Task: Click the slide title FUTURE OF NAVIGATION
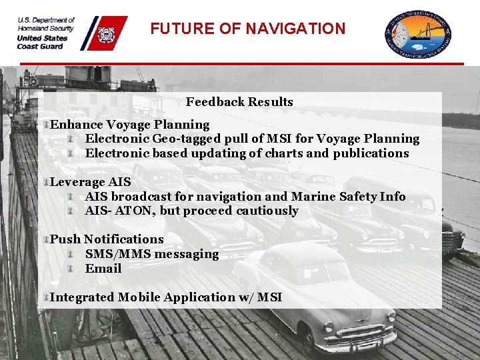[x=247, y=29]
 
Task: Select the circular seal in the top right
[x=418, y=33]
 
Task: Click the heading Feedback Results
[x=239, y=102]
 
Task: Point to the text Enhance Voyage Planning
[x=130, y=125]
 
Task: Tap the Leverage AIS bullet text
[x=91, y=182]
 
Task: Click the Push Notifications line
[x=107, y=239]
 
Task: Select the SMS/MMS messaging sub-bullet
[x=151, y=254]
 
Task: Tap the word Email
[x=103, y=269]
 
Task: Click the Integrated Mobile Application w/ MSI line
[x=166, y=297]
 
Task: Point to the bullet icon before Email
[x=71, y=269]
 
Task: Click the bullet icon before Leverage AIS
[x=47, y=182]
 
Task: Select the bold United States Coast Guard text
[x=42, y=42]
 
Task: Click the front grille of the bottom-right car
[x=364, y=334]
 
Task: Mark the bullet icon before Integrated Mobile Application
[x=47, y=297]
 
